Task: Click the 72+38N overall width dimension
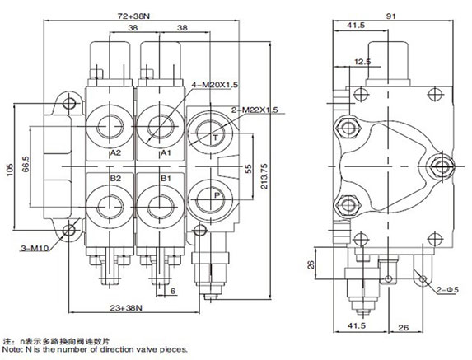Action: click(133, 16)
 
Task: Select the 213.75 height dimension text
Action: click(264, 176)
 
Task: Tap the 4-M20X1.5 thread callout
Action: click(215, 85)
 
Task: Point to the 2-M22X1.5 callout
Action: click(255, 110)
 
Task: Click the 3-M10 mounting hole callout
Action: click(35, 248)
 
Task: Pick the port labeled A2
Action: click(115, 153)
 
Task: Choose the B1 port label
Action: click(166, 179)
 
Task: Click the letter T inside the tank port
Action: click(216, 138)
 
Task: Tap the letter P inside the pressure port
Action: click(217, 195)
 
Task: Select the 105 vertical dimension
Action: click(10, 170)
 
